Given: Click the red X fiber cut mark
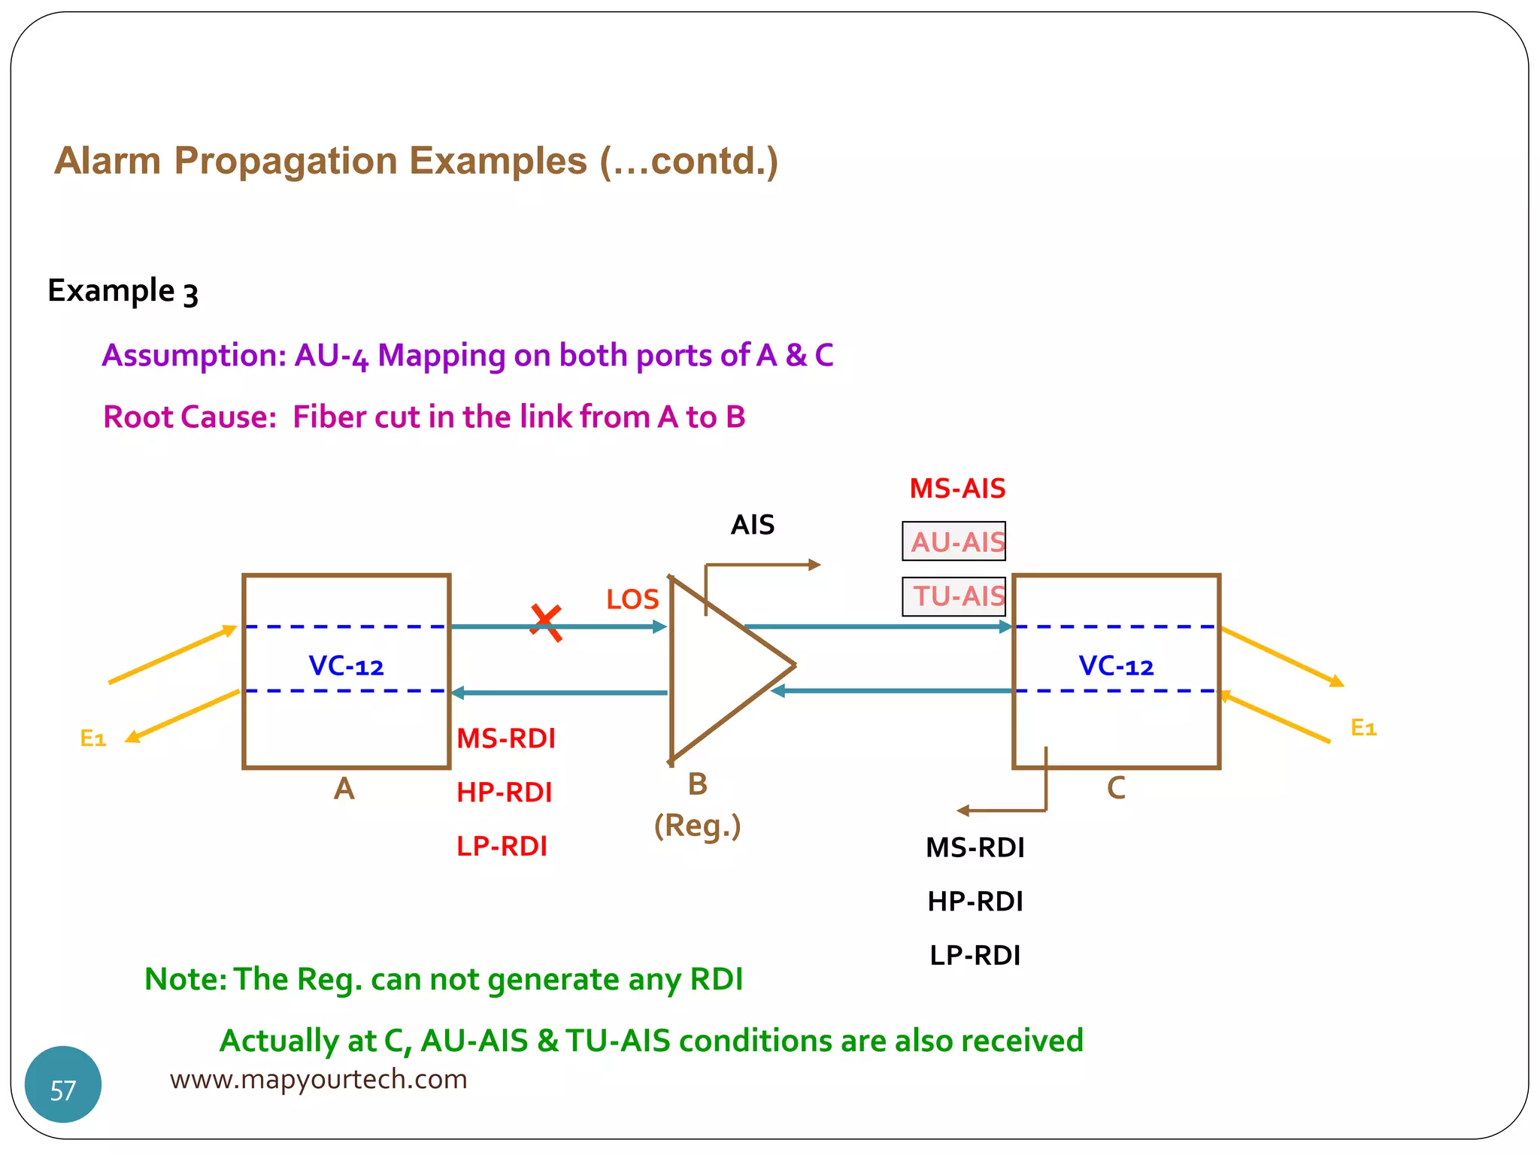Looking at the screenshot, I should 546,623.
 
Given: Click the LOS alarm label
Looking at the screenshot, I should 632,599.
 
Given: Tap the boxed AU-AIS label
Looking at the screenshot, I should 954,541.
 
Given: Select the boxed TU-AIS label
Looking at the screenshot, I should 954,596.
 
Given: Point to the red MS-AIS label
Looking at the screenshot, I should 957,489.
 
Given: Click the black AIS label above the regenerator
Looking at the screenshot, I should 752,525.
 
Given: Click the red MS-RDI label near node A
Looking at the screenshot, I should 506,738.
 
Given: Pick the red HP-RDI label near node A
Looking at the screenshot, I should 505,793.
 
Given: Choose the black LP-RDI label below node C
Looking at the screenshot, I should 975,955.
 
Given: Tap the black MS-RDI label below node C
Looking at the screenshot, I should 975,847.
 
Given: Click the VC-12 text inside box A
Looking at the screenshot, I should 346,666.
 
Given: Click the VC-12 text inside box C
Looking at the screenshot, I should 1116,666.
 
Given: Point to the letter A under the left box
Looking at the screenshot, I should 344,789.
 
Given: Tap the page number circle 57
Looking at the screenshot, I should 63,1084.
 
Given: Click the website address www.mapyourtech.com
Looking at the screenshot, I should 318,1079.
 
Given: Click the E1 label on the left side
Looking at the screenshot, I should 93,738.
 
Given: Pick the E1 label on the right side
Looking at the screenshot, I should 1363,727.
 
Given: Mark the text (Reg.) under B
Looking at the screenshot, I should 697,826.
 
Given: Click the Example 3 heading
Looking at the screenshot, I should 123,291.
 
